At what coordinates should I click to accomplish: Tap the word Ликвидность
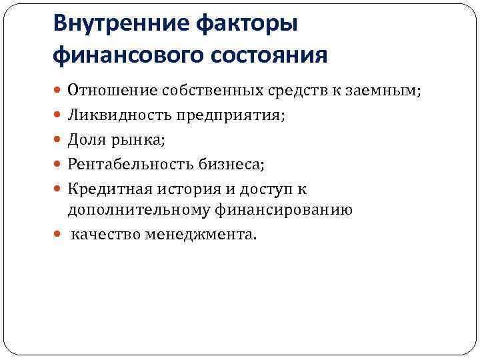(119, 115)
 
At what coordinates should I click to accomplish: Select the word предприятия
(230, 115)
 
